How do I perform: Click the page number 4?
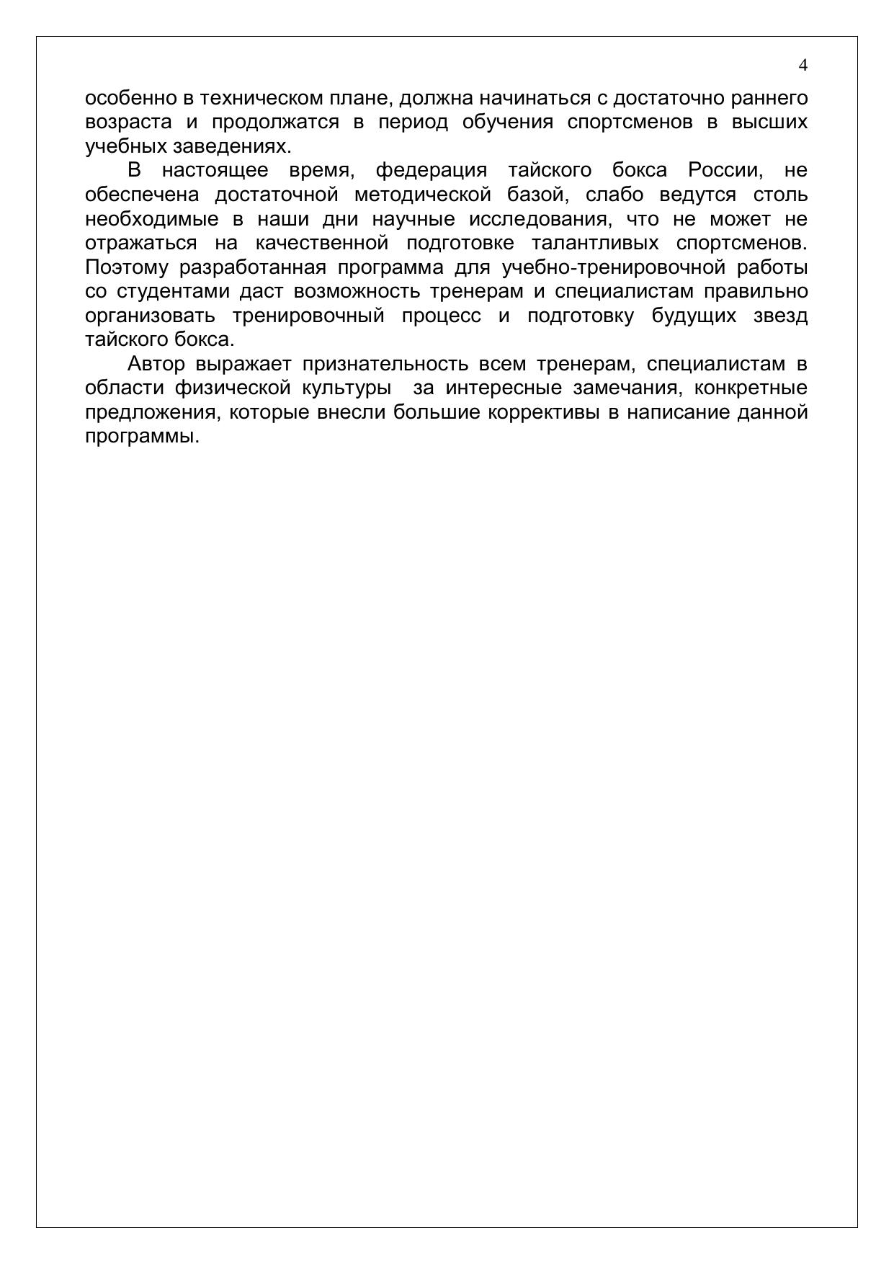(x=803, y=66)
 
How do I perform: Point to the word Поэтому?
(x=126, y=268)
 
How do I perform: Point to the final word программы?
(x=142, y=437)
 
